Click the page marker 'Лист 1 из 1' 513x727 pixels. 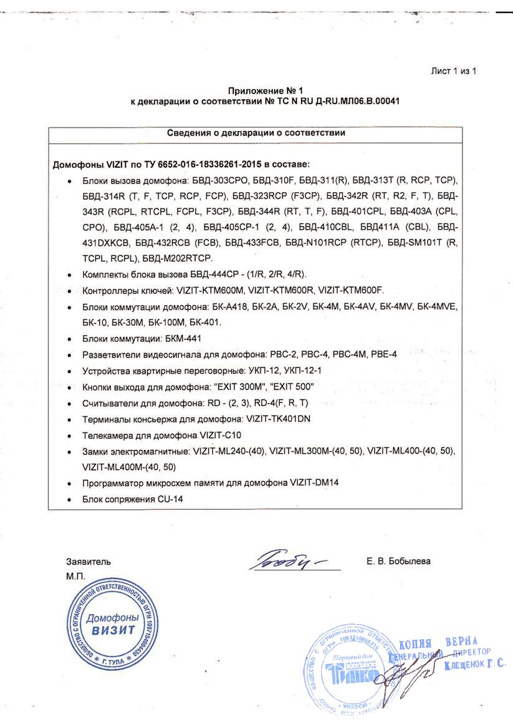[453, 71]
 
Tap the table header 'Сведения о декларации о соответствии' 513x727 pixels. [256, 133]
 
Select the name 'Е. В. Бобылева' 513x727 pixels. [398, 562]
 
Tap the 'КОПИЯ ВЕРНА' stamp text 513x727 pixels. [438, 643]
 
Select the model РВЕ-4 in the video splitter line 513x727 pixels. [385, 354]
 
